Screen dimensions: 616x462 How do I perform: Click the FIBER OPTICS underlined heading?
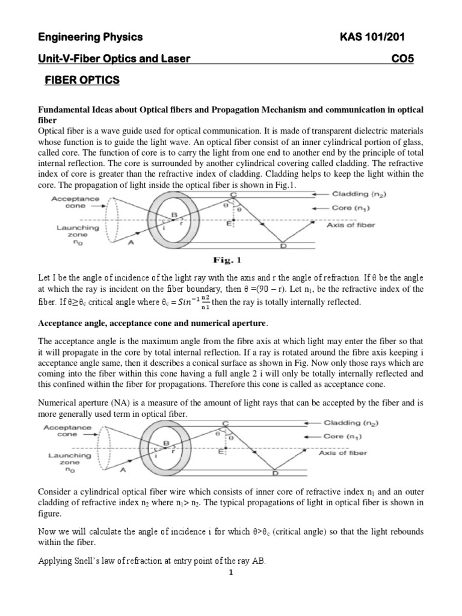pyautogui.click(x=82, y=80)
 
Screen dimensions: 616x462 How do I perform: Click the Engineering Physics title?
pyautogui.click(x=90, y=38)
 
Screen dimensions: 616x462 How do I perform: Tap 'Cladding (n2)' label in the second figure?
pyautogui.click(x=359, y=423)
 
